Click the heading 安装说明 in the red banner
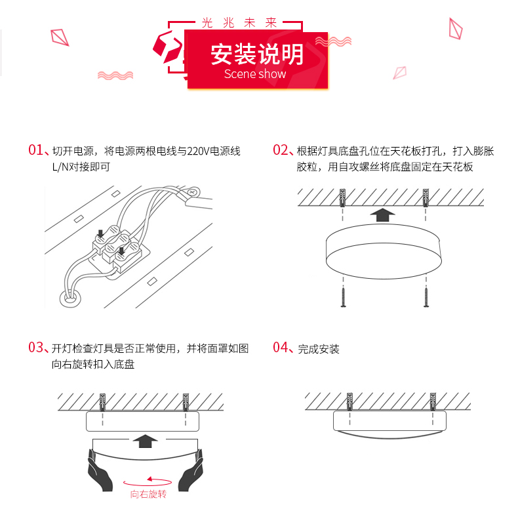(257, 54)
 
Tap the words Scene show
(255, 74)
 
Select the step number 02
(280, 150)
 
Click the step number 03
(35, 348)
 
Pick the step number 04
(281, 348)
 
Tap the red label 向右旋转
(148, 494)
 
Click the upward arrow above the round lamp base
(384, 215)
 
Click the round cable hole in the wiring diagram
(70, 299)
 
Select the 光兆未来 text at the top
(239, 22)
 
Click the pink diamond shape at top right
(454, 28)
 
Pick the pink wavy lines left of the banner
(115, 75)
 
